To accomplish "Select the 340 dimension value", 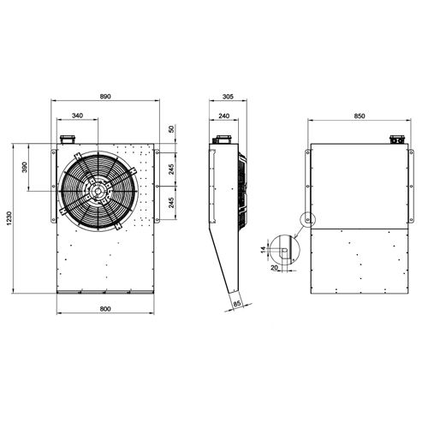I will click(77, 114).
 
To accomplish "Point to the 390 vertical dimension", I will click(24, 169).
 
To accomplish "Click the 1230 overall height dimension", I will click(9, 218).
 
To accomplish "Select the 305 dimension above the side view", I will click(227, 96).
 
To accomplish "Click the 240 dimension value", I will click(223, 114).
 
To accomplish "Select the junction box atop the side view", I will click(223, 139).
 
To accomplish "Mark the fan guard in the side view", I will click(245, 188).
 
